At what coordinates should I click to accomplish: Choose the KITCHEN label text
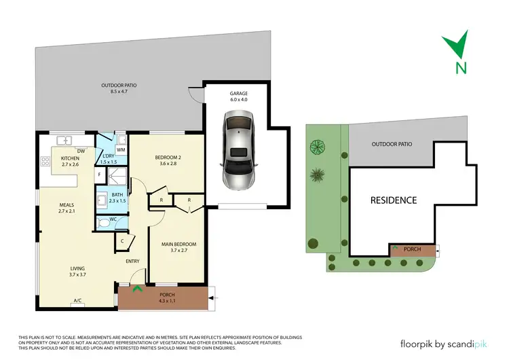coord(61,158)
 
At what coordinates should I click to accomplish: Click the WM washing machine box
coord(121,149)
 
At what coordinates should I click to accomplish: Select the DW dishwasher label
coord(81,151)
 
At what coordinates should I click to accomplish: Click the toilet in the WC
coord(104,222)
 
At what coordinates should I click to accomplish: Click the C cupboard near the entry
coord(122,240)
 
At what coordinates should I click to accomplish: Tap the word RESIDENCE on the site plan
coord(393,200)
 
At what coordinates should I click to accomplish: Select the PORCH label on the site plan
coord(412,249)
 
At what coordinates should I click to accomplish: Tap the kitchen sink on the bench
coord(66,141)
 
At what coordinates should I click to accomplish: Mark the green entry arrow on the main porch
coord(137,289)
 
